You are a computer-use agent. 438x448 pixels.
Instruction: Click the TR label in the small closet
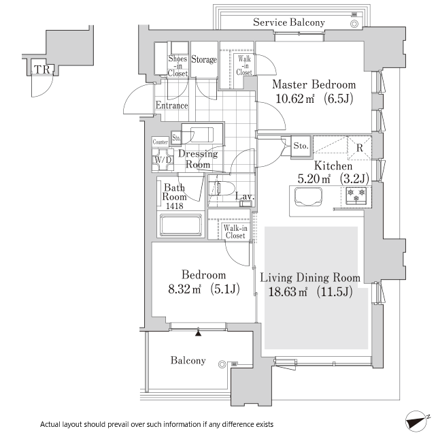pos(42,69)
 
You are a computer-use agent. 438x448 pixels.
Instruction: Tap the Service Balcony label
pos(289,22)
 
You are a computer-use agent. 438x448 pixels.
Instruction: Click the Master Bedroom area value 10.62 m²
pos(294,99)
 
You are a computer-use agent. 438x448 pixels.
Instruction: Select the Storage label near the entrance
pos(204,59)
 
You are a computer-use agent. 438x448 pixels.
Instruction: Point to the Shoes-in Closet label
pos(178,66)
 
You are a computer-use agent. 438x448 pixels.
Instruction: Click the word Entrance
pos(172,106)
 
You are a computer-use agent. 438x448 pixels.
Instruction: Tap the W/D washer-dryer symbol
pos(163,160)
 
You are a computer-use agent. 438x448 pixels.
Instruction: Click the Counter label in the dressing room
pos(160,142)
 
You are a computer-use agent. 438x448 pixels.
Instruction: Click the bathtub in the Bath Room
pos(181,225)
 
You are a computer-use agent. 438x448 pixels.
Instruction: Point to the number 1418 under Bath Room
pos(175,206)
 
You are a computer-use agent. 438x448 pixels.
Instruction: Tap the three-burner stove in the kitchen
pos(356,195)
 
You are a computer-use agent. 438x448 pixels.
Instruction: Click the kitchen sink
pos(308,197)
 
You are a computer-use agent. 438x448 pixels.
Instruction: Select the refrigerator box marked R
pos(359,148)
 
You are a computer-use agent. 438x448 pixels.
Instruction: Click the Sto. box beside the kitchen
pos(301,146)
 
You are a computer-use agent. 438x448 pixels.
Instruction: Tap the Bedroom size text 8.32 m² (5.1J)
pos(204,289)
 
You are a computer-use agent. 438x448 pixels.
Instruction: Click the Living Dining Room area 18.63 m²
pos(288,291)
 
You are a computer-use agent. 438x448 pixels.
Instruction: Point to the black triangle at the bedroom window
pos(199,332)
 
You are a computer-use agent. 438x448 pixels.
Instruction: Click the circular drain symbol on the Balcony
pos(222,364)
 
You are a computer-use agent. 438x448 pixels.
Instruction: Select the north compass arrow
pos(416,422)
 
